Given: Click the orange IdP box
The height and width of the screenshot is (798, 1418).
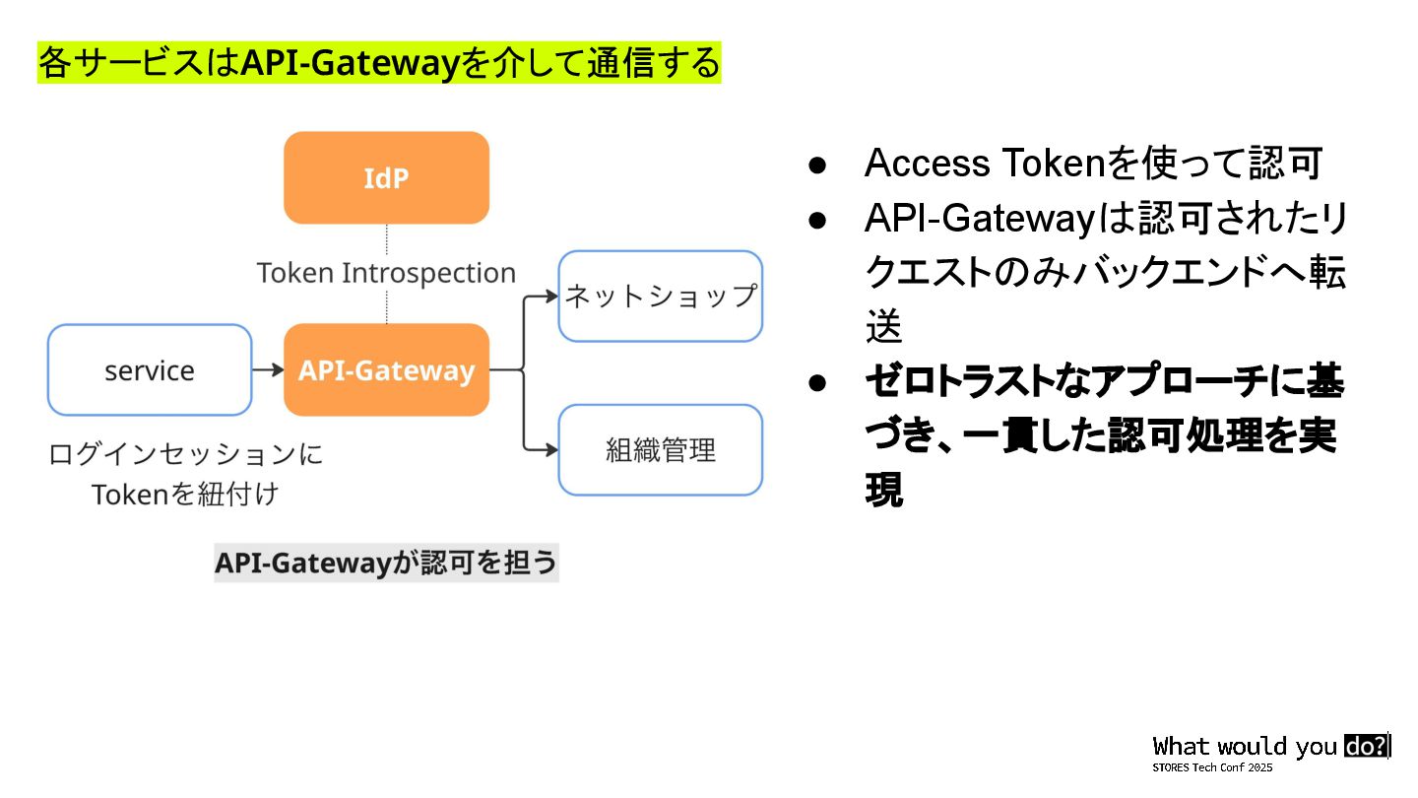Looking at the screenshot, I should point(386,177).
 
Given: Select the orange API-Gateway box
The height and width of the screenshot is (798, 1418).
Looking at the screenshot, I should point(386,369).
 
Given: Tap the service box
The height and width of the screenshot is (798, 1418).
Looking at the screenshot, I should point(150,369).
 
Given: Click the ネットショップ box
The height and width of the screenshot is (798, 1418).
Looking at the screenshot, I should point(661,296).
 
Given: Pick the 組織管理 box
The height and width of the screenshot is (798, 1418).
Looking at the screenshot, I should point(661,450).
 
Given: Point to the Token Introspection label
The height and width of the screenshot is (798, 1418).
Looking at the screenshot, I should point(386,273).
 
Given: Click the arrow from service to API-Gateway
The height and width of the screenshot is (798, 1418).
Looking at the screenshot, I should point(267,369).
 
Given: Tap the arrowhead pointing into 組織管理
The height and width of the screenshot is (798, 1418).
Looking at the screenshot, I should point(551,450).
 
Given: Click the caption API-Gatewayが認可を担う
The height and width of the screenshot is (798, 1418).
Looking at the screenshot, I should point(386,563).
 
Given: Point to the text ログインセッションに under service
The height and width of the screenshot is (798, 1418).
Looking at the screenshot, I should point(186,454).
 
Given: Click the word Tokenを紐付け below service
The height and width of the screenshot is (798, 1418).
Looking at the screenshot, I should point(186,494).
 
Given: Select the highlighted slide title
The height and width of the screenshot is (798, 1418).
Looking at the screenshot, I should point(379,63).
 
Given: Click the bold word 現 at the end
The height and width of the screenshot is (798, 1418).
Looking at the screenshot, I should point(883,491).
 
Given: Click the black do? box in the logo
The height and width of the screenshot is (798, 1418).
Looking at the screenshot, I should point(1366,746).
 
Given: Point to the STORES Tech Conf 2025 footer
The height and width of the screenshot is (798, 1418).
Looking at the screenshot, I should point(1212,767).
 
